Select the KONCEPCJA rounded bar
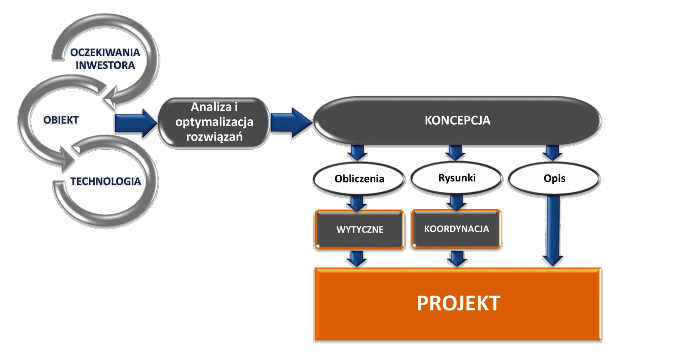457,121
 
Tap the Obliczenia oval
359,179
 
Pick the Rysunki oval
457,178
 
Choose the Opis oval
554,178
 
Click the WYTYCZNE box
360,230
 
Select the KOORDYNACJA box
456,229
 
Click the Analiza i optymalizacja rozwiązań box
214,122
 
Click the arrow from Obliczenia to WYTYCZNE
357,203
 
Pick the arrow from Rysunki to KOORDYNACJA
456,203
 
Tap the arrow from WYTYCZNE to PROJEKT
357,259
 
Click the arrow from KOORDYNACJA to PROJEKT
457,259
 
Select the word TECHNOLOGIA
105,181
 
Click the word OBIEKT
61,120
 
